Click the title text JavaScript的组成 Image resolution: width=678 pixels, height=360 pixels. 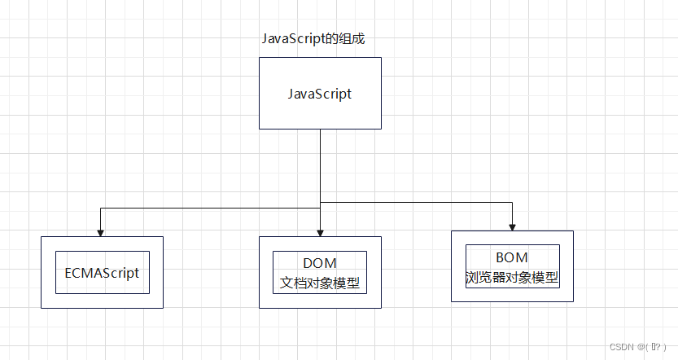tap(317, 38)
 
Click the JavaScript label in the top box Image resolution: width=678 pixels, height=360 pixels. tap(320, 94)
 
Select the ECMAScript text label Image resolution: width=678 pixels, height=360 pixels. tap(102, 273)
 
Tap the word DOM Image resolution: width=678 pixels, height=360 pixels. tap(320, 263)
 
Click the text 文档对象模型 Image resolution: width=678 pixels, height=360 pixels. tap(320, 283)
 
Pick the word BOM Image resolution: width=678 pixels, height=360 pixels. tap(512, 258)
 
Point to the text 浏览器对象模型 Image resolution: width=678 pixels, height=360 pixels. tap(512, 277)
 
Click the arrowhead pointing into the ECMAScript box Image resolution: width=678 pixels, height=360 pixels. tap(101, 232)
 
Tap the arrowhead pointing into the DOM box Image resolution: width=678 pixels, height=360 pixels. tap(320, 232)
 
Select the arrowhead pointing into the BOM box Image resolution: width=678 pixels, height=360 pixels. tap(513, 226)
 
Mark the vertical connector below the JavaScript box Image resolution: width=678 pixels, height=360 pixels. tap(320, 163)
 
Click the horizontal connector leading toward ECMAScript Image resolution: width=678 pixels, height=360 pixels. tap(203, 209)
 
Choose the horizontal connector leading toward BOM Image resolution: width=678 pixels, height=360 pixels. tap(423, 202)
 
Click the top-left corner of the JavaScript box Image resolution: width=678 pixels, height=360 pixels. tap(260, 58)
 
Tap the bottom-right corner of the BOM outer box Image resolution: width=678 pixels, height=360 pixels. tap(573, 302)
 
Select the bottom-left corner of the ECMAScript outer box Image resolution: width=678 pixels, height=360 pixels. tap(42, 308)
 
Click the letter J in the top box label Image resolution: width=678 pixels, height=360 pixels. tap(291, 94)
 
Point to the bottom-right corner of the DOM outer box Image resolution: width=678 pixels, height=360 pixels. tap(381, 308)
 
